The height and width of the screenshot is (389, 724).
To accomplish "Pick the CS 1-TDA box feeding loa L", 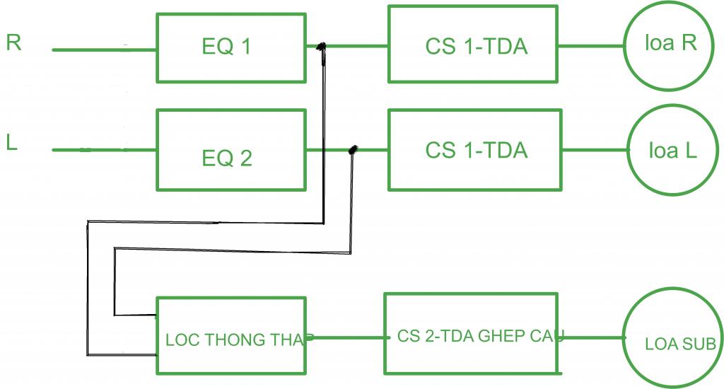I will coord(475,150).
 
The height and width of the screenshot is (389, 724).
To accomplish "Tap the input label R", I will coord(13,42).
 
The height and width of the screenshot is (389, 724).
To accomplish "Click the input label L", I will coord(12,143).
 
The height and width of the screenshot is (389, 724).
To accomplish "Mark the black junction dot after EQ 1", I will coord(321,47).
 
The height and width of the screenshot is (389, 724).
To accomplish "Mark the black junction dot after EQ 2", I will coord(353,149).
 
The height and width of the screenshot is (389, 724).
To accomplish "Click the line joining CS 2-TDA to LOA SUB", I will coord(592,337).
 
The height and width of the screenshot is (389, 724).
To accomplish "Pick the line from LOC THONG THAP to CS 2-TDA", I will coord(346,337).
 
